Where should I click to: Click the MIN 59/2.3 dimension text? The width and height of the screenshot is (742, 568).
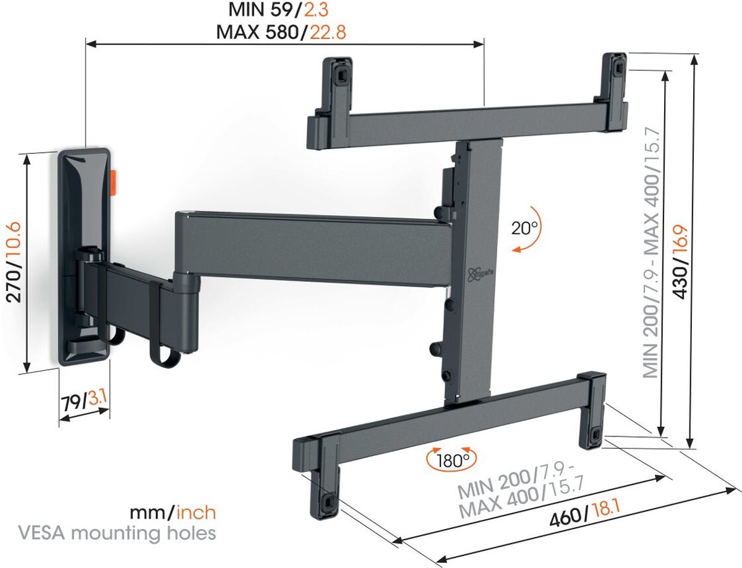[x=284, y=11]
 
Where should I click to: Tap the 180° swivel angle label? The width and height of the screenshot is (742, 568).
[x=450, y=460]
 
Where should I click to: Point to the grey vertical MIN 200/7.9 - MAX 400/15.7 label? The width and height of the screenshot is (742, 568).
[x=649, y=253]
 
